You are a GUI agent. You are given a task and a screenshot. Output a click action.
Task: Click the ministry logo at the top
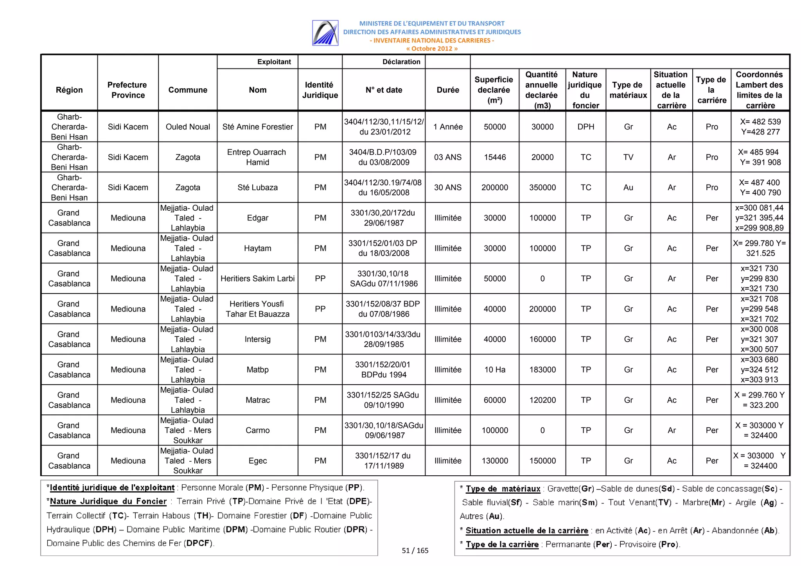(325, 33)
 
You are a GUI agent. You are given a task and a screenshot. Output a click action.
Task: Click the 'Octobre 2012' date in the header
(431, 48)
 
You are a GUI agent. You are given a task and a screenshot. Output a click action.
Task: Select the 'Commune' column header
(188, 90)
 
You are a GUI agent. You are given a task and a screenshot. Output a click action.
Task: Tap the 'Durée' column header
(448, 90)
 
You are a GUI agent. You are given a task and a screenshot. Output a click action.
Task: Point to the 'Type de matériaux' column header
(628, 90)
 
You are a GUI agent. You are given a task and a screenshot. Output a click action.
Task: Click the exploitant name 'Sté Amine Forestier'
(257, 127)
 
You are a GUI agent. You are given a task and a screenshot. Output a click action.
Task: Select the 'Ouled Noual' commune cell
(188, 127)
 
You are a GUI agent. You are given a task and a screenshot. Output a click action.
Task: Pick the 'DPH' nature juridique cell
(585, 127)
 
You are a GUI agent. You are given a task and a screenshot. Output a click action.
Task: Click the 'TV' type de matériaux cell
(628, 157)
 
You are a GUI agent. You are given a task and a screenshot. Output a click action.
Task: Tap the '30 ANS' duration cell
(448, 187)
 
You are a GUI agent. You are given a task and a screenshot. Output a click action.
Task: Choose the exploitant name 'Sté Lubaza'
(257, 187)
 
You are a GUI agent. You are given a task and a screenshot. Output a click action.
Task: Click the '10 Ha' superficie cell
(495, 369)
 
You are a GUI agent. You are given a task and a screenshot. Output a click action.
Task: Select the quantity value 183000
(542, 369)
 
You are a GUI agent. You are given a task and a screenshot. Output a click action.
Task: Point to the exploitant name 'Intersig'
(257, 339)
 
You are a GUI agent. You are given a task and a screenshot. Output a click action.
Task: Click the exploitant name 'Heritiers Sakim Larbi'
(257, 278)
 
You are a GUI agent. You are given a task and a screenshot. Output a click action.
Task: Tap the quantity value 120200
(542, 400)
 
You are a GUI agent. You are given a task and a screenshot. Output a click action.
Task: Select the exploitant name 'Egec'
(257, 460)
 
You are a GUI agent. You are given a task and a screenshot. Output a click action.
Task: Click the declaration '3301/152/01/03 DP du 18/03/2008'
(383, 248)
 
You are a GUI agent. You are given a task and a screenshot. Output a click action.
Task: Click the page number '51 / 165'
(415, 550)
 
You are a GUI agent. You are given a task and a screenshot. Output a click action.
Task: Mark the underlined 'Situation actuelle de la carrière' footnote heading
(526, 530)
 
